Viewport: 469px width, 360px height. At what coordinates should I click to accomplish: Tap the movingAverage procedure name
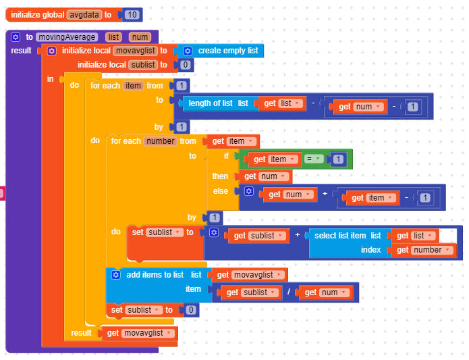[67, 37]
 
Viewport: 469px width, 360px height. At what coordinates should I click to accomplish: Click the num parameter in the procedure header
[140, 37]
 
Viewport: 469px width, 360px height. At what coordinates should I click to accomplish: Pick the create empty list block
[227, 51]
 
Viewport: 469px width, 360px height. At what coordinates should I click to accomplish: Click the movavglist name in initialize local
[135, 51]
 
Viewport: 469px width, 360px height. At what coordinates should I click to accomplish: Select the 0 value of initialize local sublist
[185, 65]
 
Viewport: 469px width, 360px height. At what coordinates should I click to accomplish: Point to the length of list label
[210, 103]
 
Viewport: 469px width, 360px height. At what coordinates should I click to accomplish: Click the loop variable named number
[159, 141]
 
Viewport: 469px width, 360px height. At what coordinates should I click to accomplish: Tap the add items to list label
[155, 275]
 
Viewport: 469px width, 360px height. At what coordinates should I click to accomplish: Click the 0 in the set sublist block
[191, 310]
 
